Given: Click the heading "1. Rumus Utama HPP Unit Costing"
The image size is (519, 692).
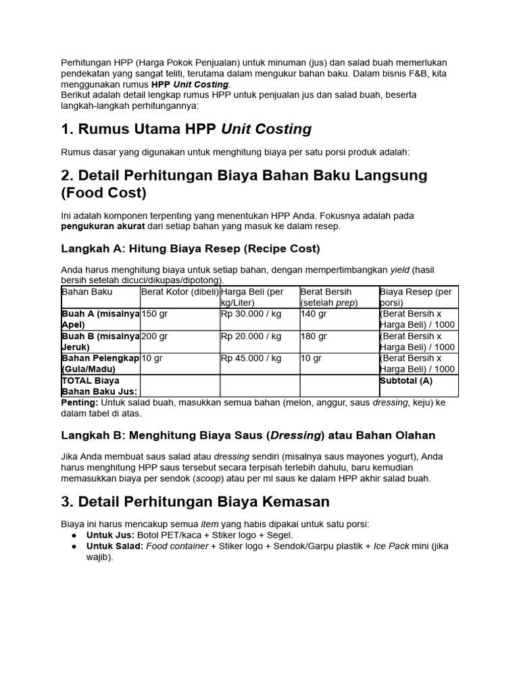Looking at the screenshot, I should tap(187, 129).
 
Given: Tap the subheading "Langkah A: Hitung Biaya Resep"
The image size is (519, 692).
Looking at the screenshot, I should tap(191, 249).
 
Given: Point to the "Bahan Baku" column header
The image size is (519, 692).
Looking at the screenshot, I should tap(87, 292).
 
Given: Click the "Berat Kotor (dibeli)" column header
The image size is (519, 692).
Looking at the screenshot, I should tap(180, 292).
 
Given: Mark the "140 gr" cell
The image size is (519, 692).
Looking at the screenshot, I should tap(314, 314).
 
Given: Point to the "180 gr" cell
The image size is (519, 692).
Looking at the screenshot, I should tap(314, 337).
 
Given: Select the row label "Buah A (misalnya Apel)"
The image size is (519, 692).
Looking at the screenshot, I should tap(100, 319).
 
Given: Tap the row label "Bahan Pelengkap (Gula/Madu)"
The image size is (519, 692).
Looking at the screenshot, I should tap(100, 364).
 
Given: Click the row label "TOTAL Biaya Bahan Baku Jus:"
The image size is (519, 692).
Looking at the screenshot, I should tap(99, 386).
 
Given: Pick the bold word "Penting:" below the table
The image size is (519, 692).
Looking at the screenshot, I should tap(80, 403).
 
